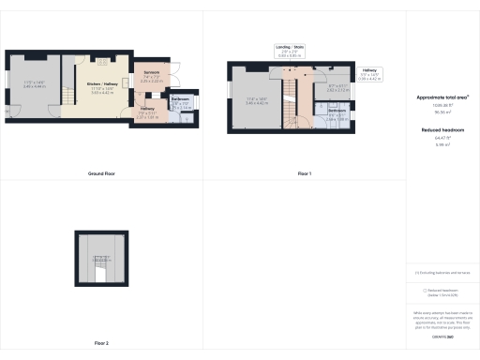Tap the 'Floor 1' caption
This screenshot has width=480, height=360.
coord(304,173)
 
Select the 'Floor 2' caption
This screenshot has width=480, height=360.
coord(101,343)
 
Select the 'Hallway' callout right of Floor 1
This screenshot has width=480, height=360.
coord(372,71)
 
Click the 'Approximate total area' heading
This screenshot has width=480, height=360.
coord(442,97)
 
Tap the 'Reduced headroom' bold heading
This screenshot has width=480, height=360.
coord(442,130)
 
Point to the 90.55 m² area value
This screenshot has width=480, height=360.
coord(442,111)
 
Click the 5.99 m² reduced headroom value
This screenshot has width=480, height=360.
coord(442,144)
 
